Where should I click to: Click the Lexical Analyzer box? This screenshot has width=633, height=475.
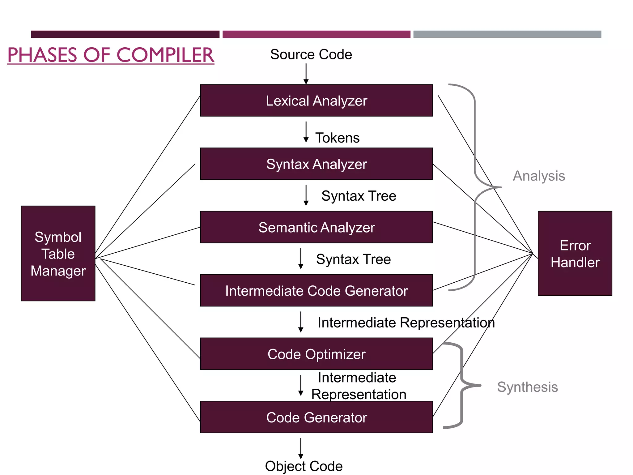(316, 101)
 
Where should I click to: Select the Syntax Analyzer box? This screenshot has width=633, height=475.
(316, 164)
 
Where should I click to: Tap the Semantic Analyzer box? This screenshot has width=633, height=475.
(316, 227)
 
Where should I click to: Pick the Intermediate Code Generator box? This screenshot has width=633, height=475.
(316, 291)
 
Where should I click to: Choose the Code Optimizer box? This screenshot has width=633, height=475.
(316, 354)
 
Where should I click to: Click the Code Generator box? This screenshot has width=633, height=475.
(316, 417)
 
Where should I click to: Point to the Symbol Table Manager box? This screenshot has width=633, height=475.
(58, 254)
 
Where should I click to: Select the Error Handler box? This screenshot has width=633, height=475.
(575, 254)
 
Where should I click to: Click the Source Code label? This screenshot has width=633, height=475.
(311, 55)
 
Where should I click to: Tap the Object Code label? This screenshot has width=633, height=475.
(304, 466)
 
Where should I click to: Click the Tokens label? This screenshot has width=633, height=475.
(337, 138)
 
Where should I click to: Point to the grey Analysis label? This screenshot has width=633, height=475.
(539, 176)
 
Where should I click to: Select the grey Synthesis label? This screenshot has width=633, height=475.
(527, 387)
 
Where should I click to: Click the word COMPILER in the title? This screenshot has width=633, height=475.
(165, 55)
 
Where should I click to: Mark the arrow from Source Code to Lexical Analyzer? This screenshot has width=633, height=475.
(306, 74)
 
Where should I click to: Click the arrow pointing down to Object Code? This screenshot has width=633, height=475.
(301, 448)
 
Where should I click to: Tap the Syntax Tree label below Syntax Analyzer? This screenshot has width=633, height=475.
(359, 196)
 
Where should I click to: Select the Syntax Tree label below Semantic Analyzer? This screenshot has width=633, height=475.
(353, 259)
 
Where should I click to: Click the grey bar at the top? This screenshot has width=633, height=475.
(507, 34)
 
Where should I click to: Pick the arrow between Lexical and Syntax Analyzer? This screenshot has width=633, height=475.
(306, 132)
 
